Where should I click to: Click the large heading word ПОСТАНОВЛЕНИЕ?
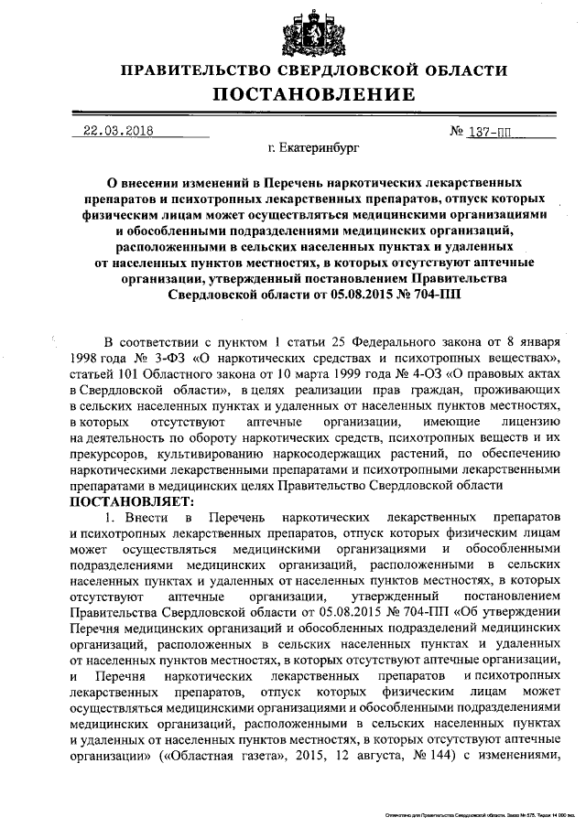pyautogui.click(x=301, y=95)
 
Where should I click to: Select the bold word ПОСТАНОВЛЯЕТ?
pyautogui.click(x=127, y=502)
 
